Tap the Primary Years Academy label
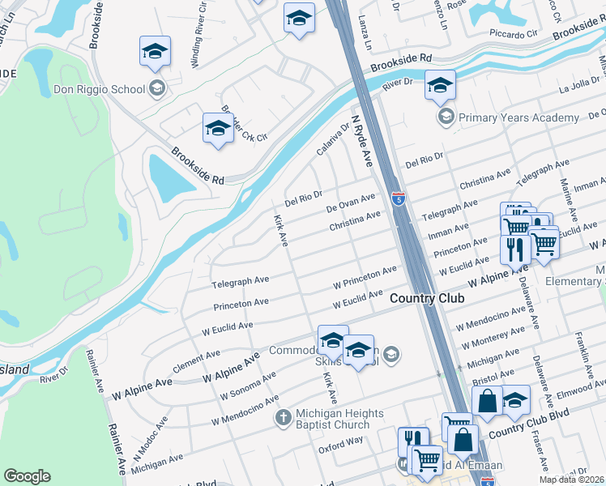pyautogui.click(x=519, y=118)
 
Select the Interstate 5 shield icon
pyautogui.click(x=398, y=198)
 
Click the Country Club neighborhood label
pyautogui.click(x=427, y=299)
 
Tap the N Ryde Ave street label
pyautogui.click(x=361, y=141)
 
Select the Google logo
pyautogui.click(x=27, y=476)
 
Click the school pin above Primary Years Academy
pyautogui.click(x=440, y=86)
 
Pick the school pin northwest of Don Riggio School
pyautogui.click(x=155, y=53)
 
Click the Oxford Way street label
pyautogui.click(x=340, y=446)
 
